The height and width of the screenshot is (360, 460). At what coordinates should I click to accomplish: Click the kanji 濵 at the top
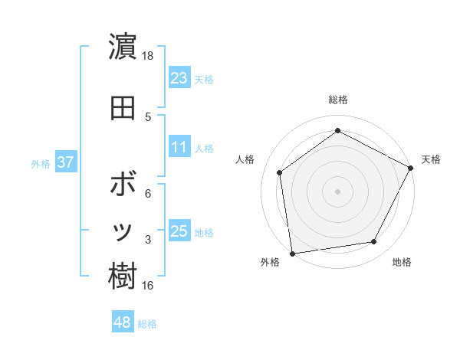coord(123,47)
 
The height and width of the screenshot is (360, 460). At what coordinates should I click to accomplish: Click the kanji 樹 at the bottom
coord(123,276)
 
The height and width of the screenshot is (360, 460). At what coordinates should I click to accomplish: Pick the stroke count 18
coord(148,56)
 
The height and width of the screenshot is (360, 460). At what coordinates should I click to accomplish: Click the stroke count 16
coord(148,286)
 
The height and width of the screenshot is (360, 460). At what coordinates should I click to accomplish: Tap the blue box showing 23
coord(179,77)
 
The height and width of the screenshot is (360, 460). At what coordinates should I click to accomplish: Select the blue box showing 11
coord(179,147)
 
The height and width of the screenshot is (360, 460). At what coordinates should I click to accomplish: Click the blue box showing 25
coord(179,231)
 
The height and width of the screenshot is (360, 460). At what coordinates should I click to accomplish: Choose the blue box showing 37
coord(66,163)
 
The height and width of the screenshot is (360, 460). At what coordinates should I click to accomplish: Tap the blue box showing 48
coord(123,322)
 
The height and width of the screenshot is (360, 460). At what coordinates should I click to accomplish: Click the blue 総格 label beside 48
coord(147,324)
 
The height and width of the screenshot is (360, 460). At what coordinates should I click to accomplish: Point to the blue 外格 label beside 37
coord(41,164)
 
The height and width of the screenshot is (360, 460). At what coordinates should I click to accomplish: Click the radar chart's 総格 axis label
coord(338,100)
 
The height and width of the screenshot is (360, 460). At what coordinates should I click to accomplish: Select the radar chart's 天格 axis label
coord(431,159)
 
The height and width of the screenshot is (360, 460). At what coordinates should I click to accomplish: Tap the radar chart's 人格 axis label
coord(245,159)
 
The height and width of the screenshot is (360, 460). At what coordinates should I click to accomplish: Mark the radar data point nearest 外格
coord(292,253)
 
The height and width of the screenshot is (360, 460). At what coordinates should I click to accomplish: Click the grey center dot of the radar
coord(338,191)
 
